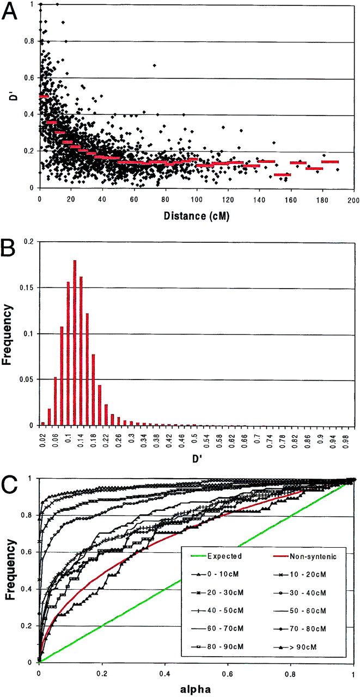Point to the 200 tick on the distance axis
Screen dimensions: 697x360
(x=354, y=199)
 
